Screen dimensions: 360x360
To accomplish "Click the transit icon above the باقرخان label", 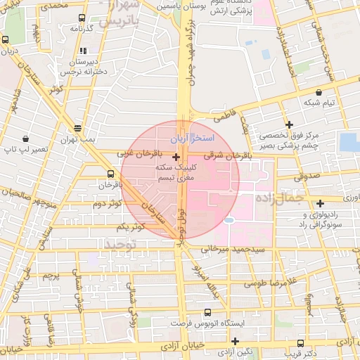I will click(x=110, y=174).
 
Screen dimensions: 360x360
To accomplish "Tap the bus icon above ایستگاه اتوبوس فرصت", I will click(x=207, y=312).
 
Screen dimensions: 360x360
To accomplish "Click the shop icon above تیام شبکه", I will click(x=319, y=91).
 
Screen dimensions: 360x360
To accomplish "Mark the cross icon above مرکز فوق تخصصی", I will click(x=289, y=124).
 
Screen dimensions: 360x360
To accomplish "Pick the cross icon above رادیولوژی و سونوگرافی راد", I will click(x=320, y=203).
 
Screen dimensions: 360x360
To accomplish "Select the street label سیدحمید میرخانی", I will click(x=233, y=249).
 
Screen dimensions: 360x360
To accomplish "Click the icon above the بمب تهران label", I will click(x=77, y=128).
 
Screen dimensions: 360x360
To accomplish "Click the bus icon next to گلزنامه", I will click(x=82, y=18).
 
